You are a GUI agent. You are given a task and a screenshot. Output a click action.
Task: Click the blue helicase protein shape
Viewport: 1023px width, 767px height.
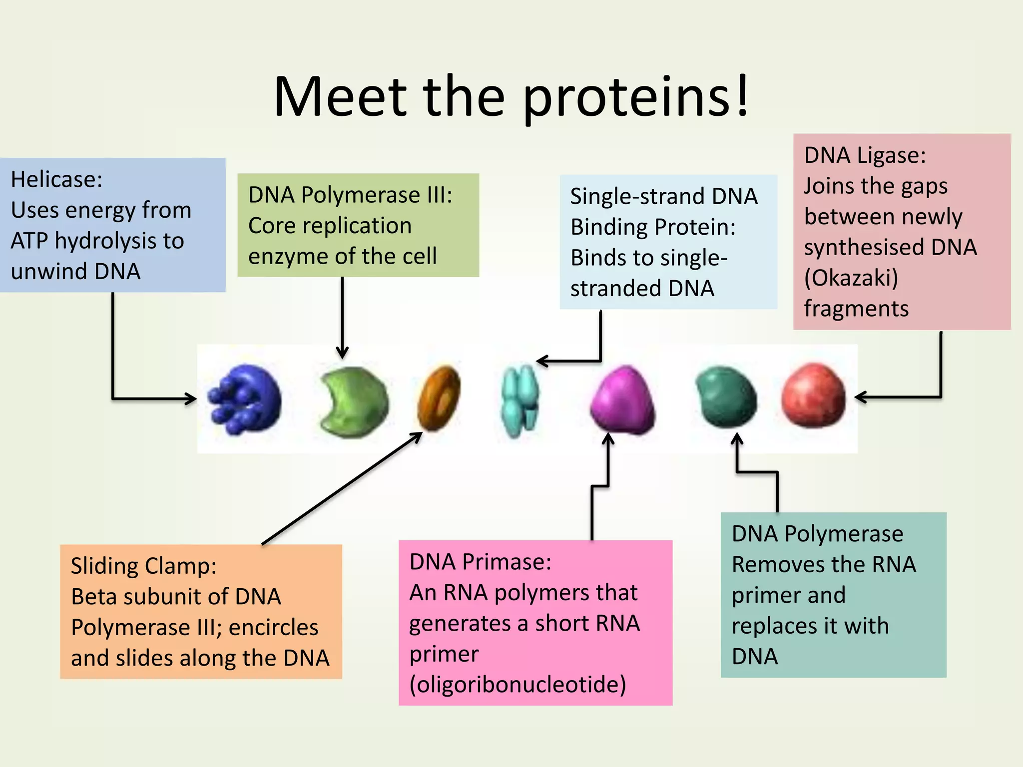(245, 399)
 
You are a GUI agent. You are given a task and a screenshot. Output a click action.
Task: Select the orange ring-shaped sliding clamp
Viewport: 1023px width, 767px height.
(439, 398)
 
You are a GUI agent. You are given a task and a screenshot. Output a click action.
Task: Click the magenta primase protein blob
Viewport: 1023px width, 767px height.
(623, 399)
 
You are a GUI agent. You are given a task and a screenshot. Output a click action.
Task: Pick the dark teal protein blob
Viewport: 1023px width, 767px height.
(726, 397)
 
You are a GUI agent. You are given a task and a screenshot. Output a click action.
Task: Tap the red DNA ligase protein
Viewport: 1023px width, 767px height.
(814, 395)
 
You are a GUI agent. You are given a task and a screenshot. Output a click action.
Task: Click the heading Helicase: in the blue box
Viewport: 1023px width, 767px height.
(56, 179)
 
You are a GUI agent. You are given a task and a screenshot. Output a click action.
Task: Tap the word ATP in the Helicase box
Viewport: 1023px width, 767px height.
(29, 241)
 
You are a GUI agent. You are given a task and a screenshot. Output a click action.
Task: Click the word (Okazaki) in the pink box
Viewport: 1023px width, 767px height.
(851, 278)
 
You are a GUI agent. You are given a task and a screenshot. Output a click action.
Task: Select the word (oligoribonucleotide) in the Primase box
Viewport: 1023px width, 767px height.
(517, 685)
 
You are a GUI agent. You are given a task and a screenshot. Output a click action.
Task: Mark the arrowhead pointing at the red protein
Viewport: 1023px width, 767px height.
(860, 397)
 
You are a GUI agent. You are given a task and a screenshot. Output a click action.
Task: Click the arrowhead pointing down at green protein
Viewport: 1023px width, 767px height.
(342, 354)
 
